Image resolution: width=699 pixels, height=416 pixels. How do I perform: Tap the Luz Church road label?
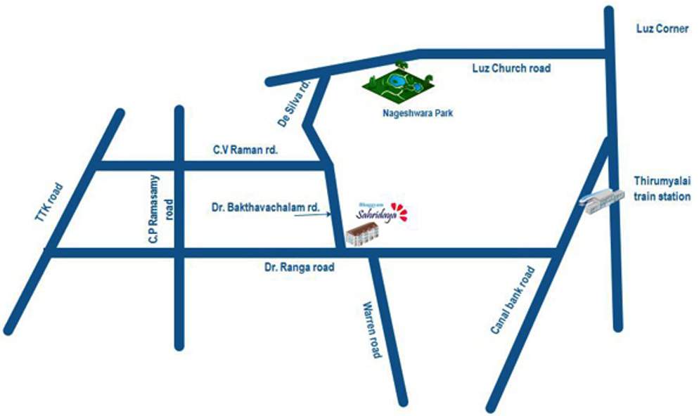510,68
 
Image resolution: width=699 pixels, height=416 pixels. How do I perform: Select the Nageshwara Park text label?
416,112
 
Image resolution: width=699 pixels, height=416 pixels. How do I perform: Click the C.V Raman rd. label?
246,150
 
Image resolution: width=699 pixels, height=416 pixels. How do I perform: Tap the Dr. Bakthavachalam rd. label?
266,208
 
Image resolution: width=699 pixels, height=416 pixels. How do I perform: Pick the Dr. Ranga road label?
299,267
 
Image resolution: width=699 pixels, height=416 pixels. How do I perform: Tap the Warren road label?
371,330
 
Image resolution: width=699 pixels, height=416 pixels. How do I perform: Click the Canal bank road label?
512,300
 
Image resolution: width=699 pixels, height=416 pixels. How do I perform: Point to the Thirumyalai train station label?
662,188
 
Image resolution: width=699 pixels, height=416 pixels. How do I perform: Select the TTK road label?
49,204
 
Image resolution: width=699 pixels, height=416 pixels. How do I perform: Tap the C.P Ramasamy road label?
159,209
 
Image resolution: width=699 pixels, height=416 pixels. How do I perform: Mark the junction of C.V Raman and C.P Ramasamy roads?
179,166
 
